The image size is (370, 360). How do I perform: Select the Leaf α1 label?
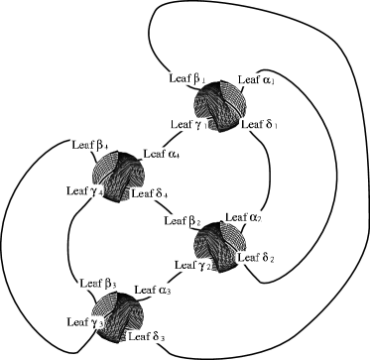click(x=256, y=79)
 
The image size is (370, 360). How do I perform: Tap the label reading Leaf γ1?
click(x=186, y=124)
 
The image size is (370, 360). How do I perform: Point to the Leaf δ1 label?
click(x=258, y=124)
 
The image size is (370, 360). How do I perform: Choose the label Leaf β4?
click(x=90, y=145)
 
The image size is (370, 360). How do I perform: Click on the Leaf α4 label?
click(x=161, y=154)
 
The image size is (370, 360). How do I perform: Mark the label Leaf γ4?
click(x=84, y=190)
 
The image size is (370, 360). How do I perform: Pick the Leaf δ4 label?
click(x=150, y=193)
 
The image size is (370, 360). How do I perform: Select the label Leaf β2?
click(x=183, y=220)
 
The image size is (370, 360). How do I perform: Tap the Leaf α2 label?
click(x=243, y=217)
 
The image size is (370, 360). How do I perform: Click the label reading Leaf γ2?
click(x=191, y=265)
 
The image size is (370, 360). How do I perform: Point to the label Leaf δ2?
click(x=256, y=258)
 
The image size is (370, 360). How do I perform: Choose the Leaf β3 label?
click(x=98, y=284)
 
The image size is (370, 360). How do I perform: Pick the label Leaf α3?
click(x=152, y=290)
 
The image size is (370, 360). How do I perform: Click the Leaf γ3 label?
click(x=84, y=322)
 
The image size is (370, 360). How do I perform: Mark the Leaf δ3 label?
click(x=146, y=337)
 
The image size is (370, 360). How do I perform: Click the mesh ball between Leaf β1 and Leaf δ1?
click(x=220, y=104)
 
